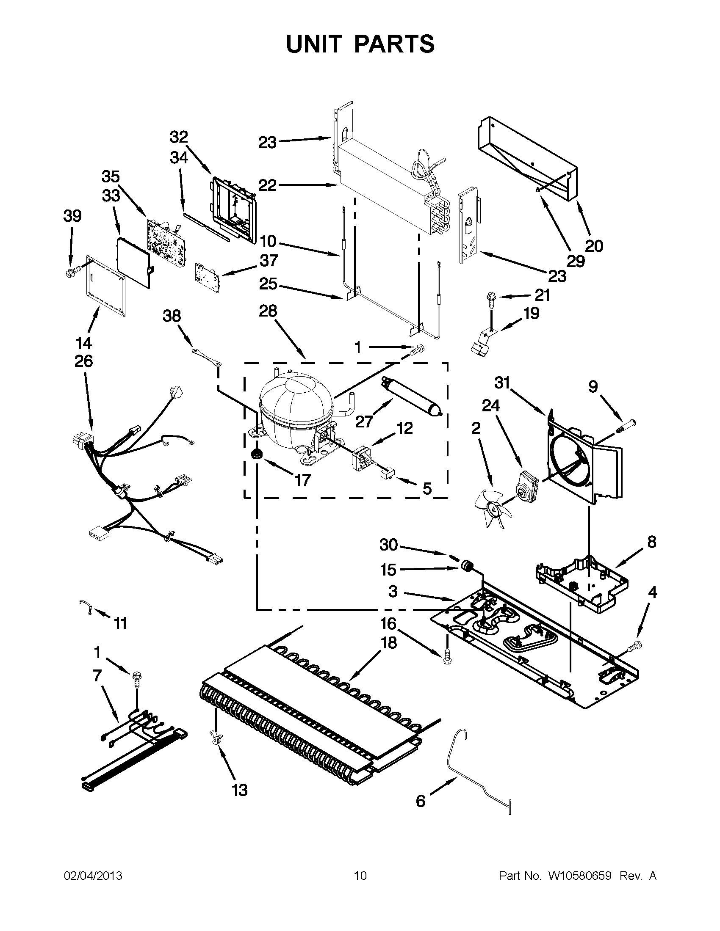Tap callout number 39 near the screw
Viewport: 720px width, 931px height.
click(72, 216)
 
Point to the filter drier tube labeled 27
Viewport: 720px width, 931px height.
click(412, 394)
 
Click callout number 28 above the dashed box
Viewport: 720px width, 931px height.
click(268, 311)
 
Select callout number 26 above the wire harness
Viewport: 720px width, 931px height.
click(83, 361)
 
